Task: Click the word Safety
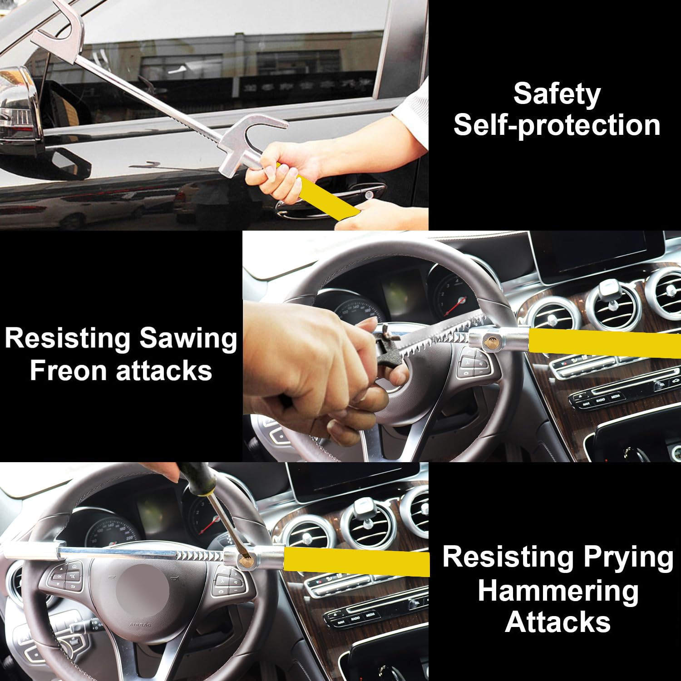pyautogui.click(x=557, y=94)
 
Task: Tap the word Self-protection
pyautogui.click(x=557, y=125)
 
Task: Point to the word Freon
pyautogui.click(x=70, y=370)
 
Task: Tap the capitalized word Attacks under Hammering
pyautogui.click(x=558, y=622)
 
